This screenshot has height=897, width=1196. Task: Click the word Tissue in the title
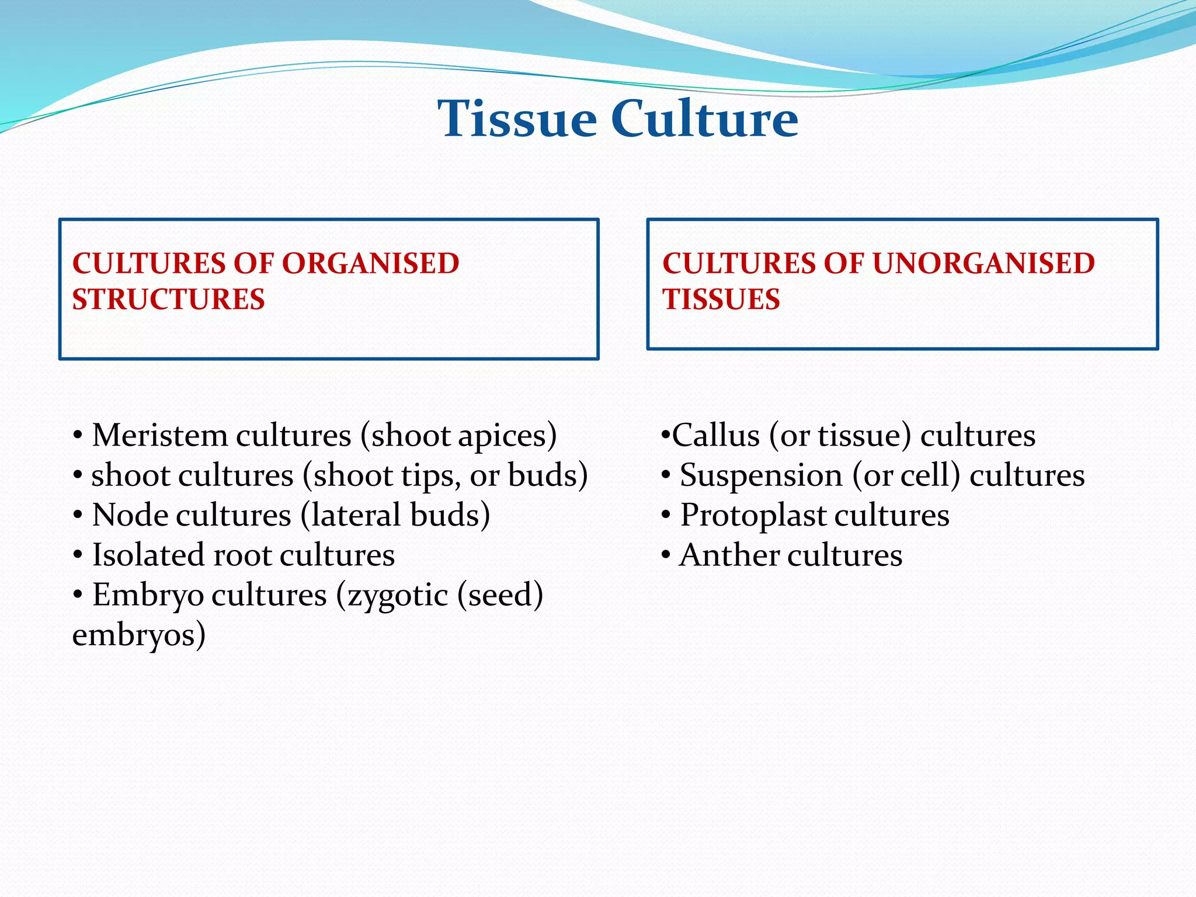click(517, 119)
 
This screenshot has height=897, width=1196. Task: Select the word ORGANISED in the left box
click(371, 263)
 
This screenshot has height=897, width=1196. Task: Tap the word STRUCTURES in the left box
click(168, 300)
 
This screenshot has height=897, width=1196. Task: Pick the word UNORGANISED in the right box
click(983, 263)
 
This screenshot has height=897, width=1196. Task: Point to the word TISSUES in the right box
click(721, 300)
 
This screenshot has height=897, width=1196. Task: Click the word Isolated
click(148, 555)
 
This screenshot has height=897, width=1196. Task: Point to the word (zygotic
click(392, 596)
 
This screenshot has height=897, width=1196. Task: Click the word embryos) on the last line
click(139, 635)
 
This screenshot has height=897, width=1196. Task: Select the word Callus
click(715, 436)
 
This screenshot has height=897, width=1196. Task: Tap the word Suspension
click(761, 476)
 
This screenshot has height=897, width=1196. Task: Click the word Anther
click(728, 555)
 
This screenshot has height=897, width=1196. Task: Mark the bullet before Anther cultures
click(666, 555)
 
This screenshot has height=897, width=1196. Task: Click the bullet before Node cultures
click(78, 516)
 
